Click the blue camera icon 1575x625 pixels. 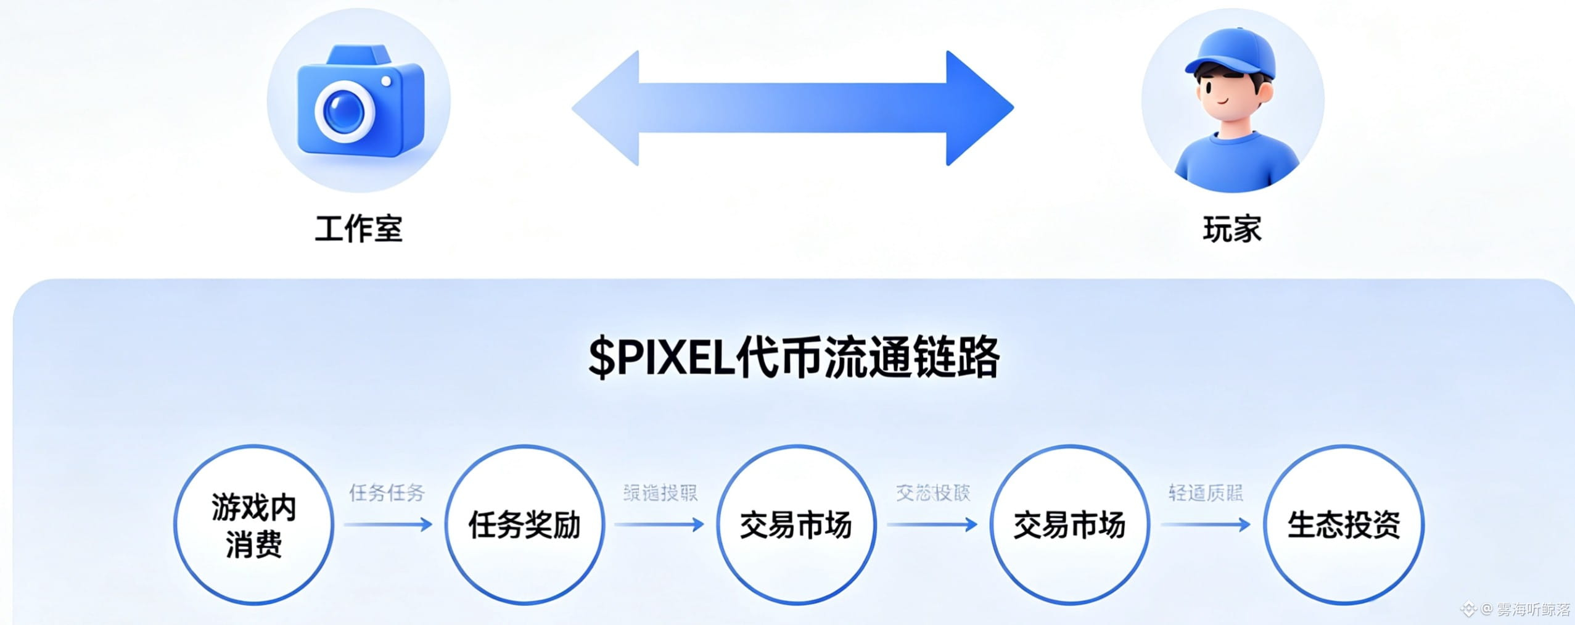pos(360,102)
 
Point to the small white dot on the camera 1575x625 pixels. pos(387,81)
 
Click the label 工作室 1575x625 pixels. pos(359,230)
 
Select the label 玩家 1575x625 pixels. pos(1232,230)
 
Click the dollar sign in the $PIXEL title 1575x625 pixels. pos(601,358)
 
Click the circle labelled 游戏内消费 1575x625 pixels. pos(253,525)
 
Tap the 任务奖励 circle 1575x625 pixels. pos(524,525)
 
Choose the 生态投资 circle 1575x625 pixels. pos(1344,525)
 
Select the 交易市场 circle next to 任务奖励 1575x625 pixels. pos(796,525)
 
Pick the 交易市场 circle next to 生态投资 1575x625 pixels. pos(1070,525)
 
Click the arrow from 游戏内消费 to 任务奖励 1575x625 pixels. pos(389,525)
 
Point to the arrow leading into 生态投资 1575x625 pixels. pos(1206,525)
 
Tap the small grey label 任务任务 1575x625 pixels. pos(387,493)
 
